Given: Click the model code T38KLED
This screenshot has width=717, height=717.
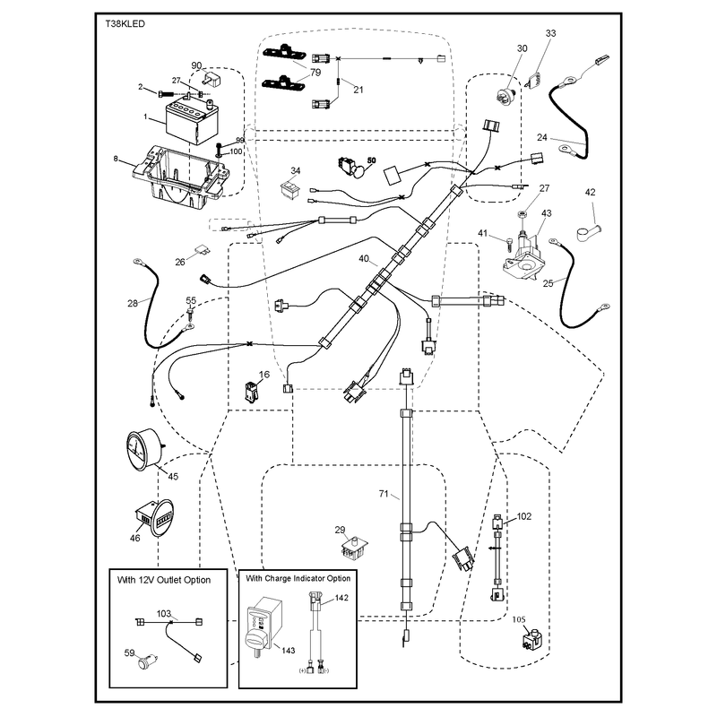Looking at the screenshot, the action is [x=125, y=24].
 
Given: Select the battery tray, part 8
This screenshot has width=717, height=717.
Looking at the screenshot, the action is [x=181, y=177].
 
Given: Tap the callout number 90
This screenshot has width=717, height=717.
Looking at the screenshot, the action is [x=196, y=65].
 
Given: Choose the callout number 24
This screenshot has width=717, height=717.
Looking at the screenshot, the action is [x=542, y=137].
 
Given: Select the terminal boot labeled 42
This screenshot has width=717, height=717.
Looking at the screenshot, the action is [x=588, y=232].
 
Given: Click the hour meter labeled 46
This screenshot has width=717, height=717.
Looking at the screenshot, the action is [x=153, y=519].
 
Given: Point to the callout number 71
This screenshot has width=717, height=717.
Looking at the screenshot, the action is [x=384, y=494].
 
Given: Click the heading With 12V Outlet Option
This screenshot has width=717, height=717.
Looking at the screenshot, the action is [x=164, y=580].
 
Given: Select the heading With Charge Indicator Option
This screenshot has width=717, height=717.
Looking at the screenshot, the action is [x=298, y=578].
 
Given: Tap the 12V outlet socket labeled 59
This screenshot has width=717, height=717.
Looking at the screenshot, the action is [x=148, y=661].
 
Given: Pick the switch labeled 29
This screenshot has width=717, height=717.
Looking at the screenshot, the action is [x=355, y=547].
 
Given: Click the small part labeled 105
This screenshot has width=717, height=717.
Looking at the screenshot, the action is [x=531, y=639].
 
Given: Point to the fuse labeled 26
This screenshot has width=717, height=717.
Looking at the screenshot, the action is [x=201, y=249].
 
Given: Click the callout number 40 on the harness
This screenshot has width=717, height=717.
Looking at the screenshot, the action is [x=364, y=259].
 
